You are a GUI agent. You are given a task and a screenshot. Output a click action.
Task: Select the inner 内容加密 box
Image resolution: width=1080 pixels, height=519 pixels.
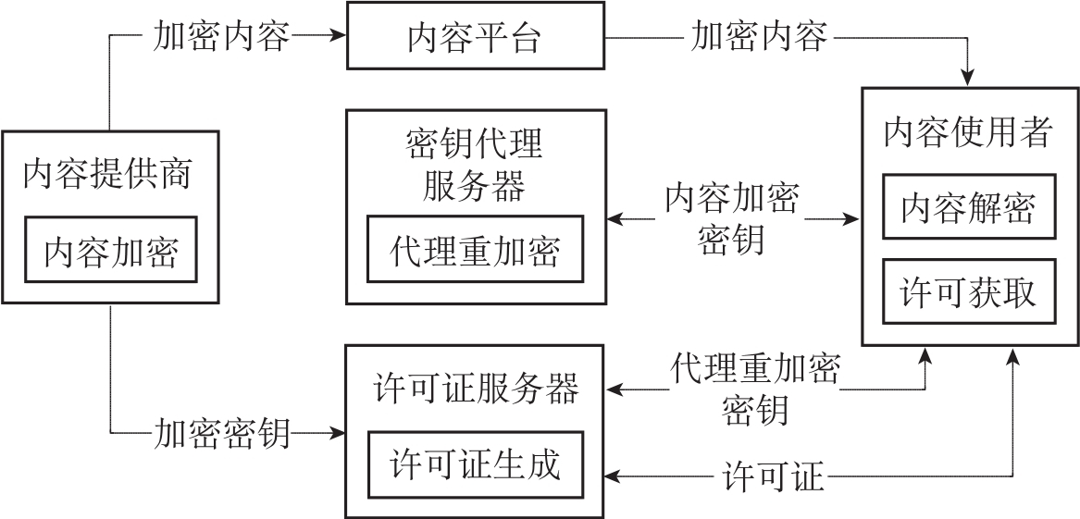coord(111,251)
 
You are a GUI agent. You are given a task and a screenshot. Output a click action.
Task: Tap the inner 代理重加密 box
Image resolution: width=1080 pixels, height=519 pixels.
coord(476,249)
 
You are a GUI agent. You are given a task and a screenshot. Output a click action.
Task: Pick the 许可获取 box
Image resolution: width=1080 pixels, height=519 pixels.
coord(967,292)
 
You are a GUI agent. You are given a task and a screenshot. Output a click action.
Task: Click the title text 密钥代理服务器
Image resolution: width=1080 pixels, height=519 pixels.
coord(475,165)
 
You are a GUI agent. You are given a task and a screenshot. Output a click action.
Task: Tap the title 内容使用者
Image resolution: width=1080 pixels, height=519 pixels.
coord(967,133)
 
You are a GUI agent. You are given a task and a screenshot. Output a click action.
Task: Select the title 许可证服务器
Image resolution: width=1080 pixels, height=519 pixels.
coord(476,389)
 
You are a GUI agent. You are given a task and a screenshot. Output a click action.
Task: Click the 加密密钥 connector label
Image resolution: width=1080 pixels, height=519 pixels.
coord(222,433)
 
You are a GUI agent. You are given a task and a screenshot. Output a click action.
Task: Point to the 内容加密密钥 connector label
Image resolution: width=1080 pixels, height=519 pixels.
coord(731,219)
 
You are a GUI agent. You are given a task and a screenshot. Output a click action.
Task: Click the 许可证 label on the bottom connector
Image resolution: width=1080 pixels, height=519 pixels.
coord(773,477)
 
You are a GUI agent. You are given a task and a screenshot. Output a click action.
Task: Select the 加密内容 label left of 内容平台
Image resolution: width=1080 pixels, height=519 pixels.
coord(222,37)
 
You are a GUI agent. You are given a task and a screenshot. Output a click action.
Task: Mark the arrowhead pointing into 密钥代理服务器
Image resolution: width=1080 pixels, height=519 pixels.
coord(615,220)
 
